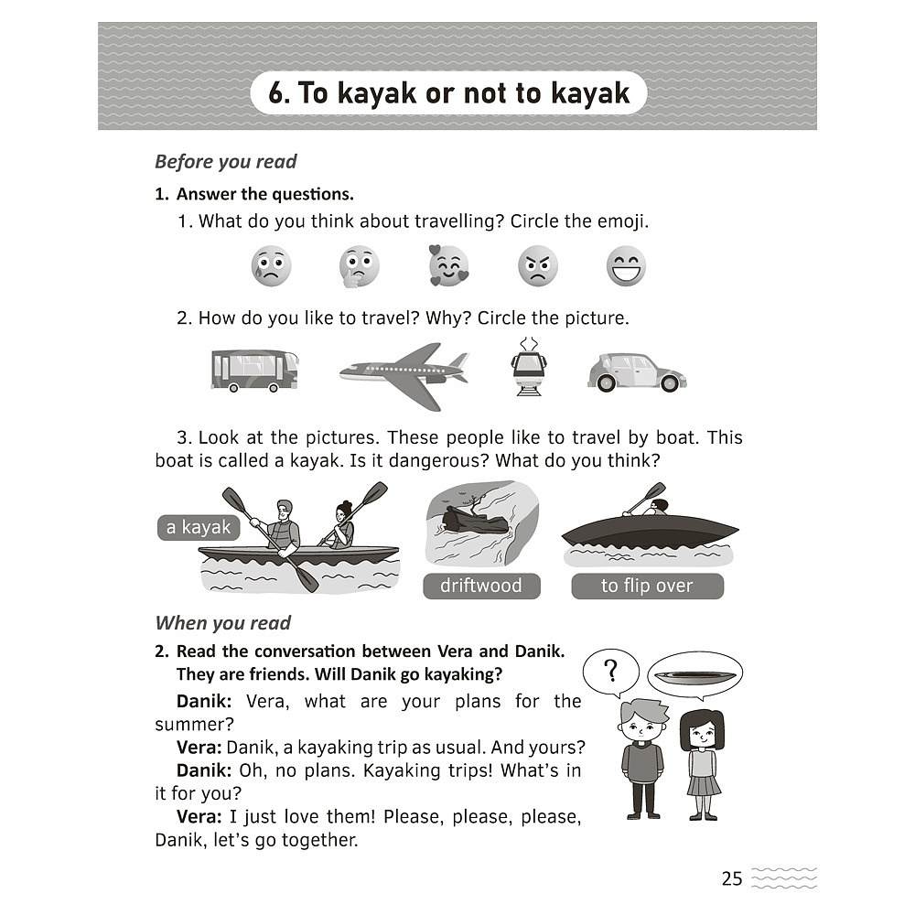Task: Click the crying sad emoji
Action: [x=272, y=266]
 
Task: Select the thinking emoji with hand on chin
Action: [x=359, y=266]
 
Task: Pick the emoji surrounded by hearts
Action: [x=448, y=265]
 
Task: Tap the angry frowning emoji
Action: [x=537, y=266]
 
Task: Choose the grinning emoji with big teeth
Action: [x=626, y=266]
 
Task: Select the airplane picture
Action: [x=404, y=375]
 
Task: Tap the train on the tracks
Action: [x=529, y=367]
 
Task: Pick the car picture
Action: [x=637, y=371]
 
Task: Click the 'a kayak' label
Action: [x=199, y=528]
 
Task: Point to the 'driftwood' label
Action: [x=481, y=586]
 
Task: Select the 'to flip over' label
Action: [x=647, y=586]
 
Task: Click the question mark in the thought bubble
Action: [x=611, y=671]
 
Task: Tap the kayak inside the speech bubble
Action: [x=695, y=677]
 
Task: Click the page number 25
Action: [x=732, y=878]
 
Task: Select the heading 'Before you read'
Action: [x=226, y=162]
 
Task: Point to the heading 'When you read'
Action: [x=223, y=623]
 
